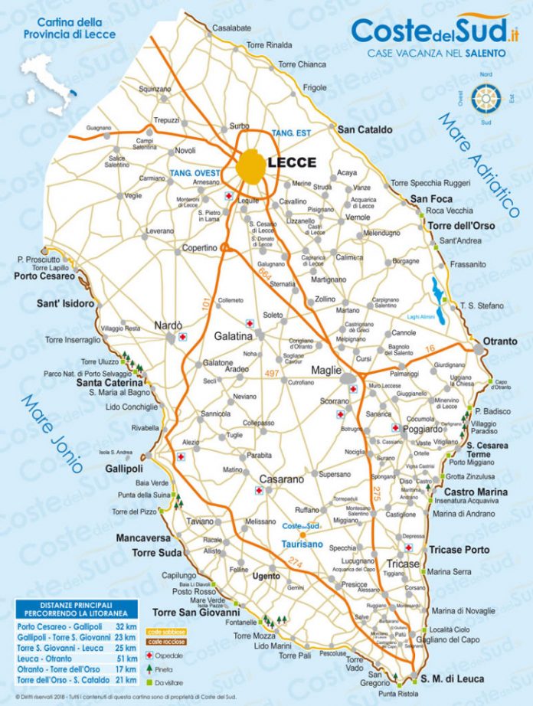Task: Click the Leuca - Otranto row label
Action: [x=46, y=659]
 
